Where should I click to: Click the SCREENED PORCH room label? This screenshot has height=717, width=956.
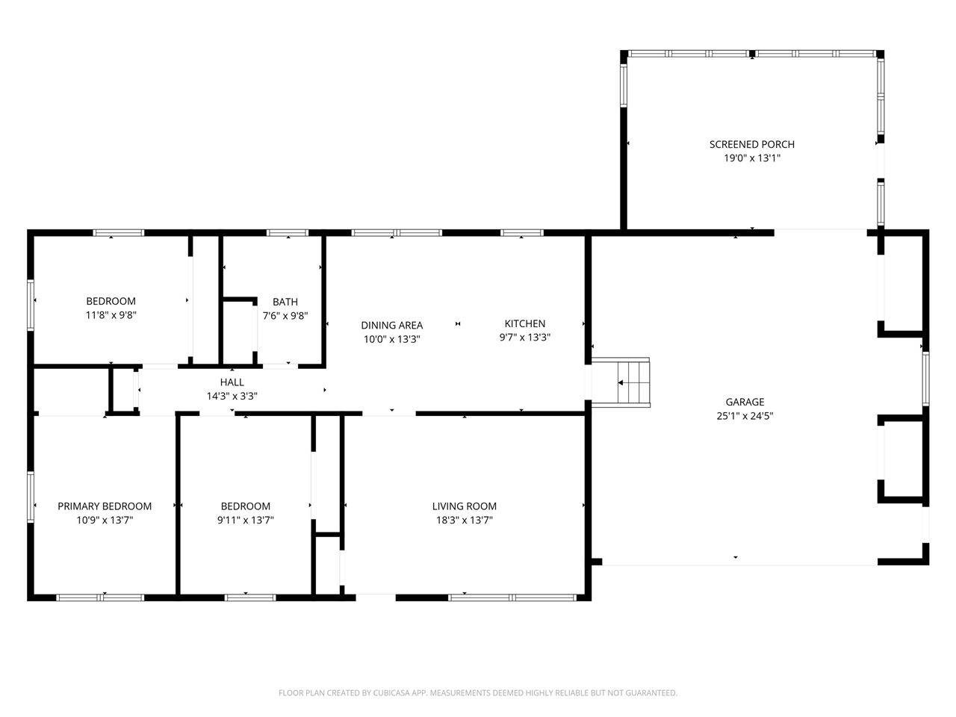(751, 144)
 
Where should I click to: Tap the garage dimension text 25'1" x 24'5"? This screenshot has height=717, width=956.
(745, 416)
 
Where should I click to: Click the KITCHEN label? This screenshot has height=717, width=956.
(525, 323)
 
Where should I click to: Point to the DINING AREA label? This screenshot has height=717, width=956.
(391, 325)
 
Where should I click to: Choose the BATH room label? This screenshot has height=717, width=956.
(285, 302)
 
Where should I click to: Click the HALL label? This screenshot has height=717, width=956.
(232, 382)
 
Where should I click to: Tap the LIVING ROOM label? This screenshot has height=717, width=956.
(464, 506)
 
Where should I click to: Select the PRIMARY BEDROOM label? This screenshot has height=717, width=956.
(105, 506)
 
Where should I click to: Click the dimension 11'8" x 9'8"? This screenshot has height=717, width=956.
(111, 315)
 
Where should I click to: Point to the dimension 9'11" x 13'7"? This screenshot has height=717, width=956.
(246, 520)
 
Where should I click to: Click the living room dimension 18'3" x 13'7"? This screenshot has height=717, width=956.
(464, 520)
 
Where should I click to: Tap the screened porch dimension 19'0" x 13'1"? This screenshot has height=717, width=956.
(751, 158)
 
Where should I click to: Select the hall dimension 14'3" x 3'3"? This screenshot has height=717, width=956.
(232, 397)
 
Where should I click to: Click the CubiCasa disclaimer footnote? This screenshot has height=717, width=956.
(478, 693)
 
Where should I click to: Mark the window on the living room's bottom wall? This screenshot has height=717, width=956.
(512, 597)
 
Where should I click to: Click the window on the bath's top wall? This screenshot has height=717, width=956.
(288, 233)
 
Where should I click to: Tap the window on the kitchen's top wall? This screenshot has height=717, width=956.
(521, 233)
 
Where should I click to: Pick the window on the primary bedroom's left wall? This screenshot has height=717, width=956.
(31, 497)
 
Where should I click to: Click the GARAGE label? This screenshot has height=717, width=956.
(745, 402)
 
